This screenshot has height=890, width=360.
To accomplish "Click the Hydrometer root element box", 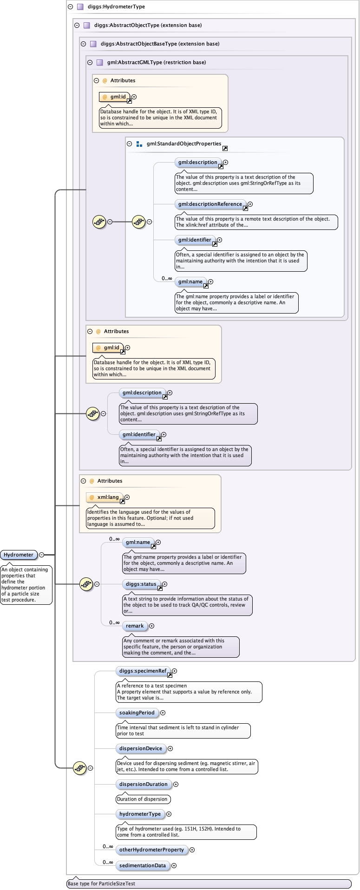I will click(19, 555).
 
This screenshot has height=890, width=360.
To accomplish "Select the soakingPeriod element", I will click(137, 713).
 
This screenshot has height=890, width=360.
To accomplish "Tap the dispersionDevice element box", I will click(141, 748).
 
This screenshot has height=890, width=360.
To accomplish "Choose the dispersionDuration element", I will click(143, 784).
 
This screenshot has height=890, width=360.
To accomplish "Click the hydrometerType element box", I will click(140, 814).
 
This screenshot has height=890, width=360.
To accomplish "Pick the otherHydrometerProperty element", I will click(151, 850).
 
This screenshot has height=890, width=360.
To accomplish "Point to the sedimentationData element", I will click(142, 865).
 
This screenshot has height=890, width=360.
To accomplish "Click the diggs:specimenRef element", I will click(143, 671).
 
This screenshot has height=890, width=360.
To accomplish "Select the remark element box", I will click(135, 626).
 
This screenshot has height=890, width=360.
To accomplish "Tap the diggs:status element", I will click(141, 584).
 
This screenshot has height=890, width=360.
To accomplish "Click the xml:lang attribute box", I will click(105, 497).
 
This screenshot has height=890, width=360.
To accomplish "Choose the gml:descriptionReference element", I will click(210, 204).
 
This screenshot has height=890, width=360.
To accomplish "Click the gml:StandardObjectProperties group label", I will click(183, 144).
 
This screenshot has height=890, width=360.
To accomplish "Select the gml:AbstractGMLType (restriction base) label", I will click(156, 62).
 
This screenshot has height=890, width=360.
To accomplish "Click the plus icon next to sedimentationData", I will click(174, 865).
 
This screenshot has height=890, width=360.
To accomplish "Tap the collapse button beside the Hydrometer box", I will click(41, 555).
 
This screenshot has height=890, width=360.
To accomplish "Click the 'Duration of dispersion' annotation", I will click(143, 799).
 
